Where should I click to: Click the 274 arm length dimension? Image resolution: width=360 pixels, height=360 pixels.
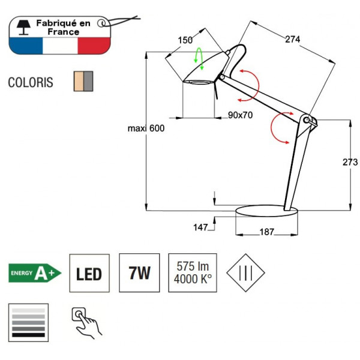click(292, 40)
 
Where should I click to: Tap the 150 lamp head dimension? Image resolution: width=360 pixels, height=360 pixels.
click(185, 40)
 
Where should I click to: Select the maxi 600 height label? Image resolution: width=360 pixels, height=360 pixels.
click(146, 128)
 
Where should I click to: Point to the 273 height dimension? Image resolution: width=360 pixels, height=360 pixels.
click(350, 162)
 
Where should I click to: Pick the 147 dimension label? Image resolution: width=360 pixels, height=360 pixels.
click(200, 227)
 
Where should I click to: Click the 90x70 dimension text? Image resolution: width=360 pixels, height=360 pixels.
click(240, 116)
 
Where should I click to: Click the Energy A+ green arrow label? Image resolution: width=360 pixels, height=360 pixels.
click(34, 274)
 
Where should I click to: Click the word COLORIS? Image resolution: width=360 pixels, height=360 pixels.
click(31, 82)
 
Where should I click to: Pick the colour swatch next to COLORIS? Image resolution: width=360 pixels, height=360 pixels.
click(83, 80)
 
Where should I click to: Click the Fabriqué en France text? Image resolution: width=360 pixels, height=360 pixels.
click(63, 27)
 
